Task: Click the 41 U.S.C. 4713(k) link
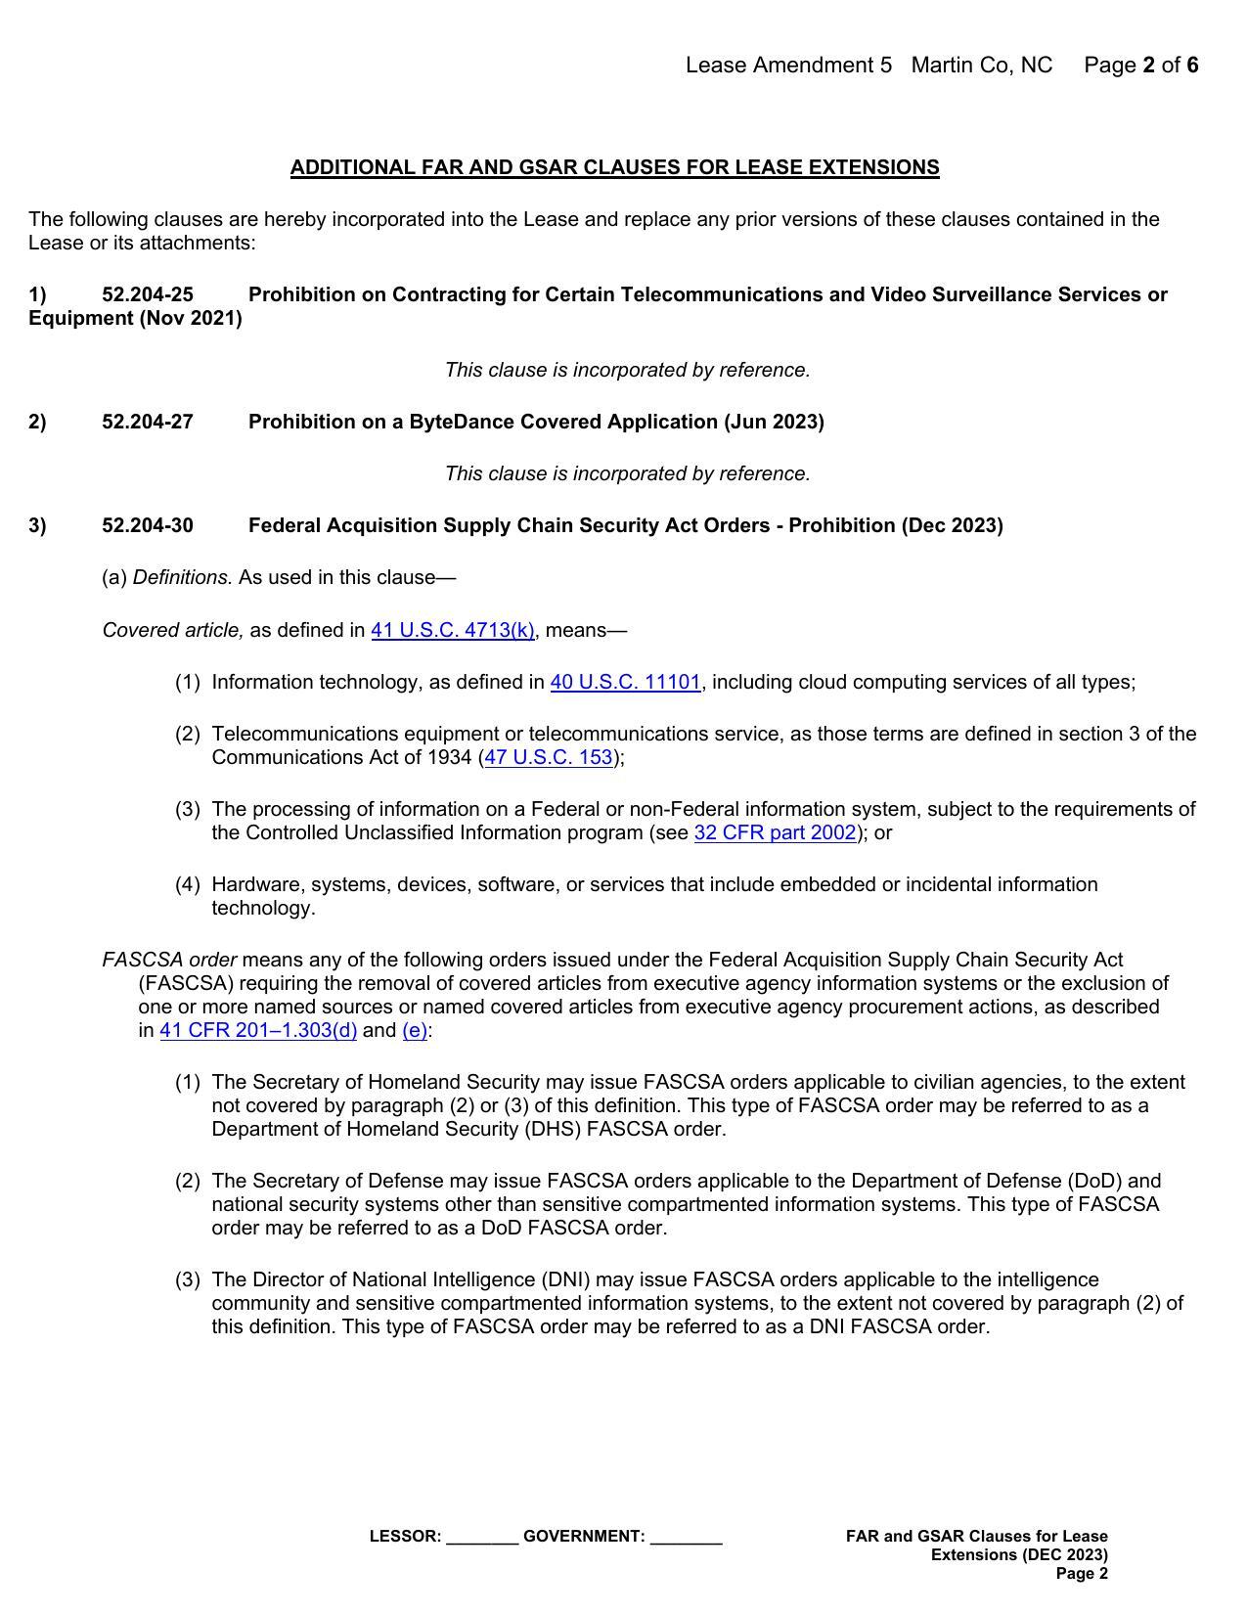[x=452, y=630]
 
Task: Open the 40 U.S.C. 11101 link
[x=625, y=682]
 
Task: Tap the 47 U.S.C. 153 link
[x=549, y=757]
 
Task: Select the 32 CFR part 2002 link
[x=775, y=832]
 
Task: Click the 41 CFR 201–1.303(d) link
[x=258, y=1030]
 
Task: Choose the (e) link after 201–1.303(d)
[x=415, y=1030]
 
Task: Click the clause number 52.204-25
[x=148, y=294]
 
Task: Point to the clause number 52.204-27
[x=148, y=422]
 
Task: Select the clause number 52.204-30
[x=148, y=525]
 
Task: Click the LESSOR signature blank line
[x=482, y=1538]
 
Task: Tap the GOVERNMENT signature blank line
[x=686, y=1538]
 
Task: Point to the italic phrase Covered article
[x=173, y=630]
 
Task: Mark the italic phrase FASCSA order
[x=169, y=960]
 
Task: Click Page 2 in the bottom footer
[x=1082, y=1574]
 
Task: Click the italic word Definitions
[x=183, y=577]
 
